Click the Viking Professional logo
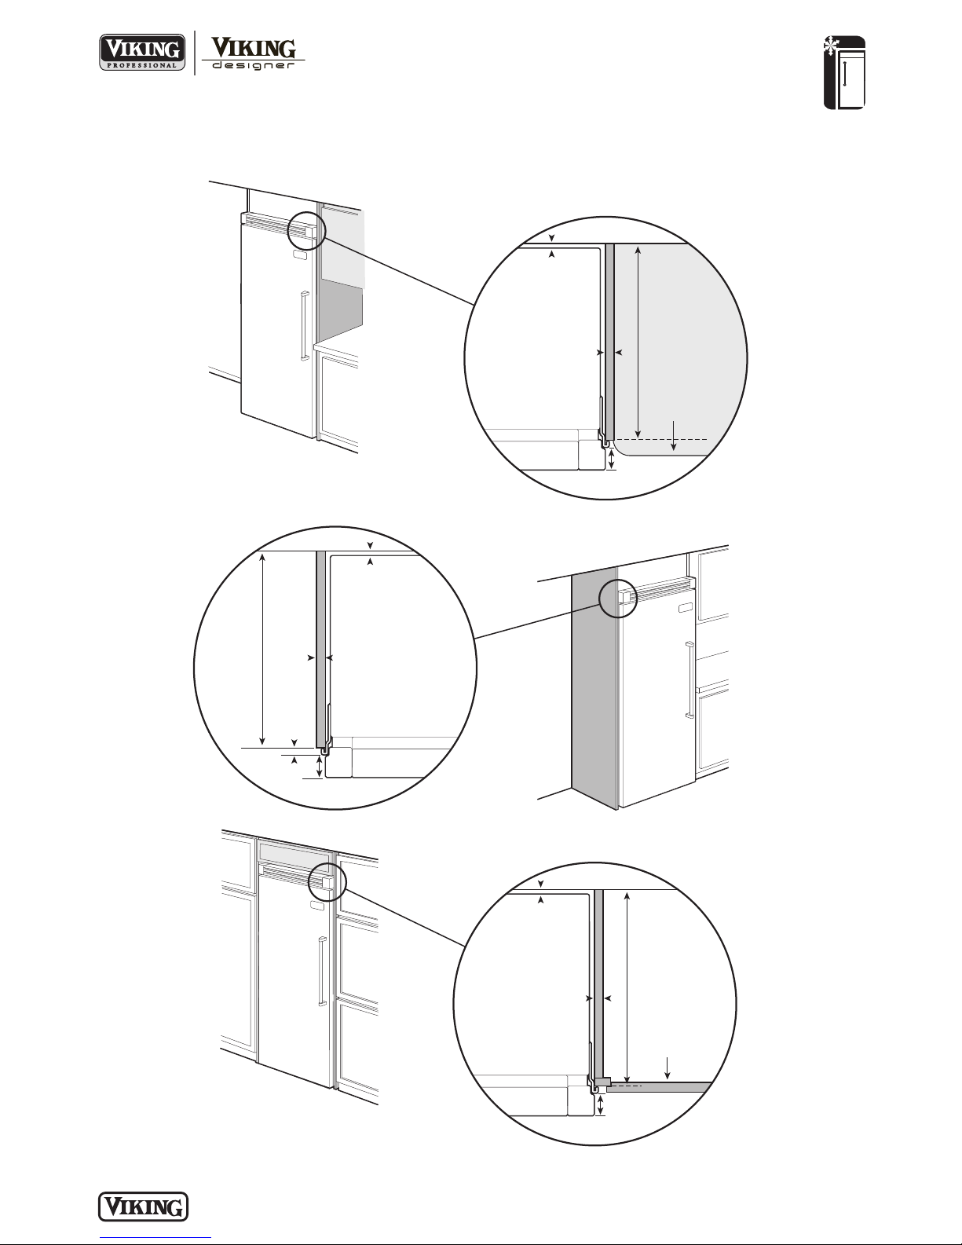tap(143, 52)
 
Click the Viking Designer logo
tap(253, 53)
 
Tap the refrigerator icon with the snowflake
tap(844, 72)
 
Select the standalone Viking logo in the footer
tap(143, 1207)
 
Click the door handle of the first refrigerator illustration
tap(304, 326)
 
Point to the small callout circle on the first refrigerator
tap(307, 230)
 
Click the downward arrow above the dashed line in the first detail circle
tap(674, 435)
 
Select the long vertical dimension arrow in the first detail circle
tap(638, 342)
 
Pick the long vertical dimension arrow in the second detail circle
tap(262, 649)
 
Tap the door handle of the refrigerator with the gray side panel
tap(689, 679)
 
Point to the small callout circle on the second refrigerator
tap(618, 599)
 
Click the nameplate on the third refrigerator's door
tap(316, 905)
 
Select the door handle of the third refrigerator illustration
tap(323, 971)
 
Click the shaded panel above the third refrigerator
tap(294, 852)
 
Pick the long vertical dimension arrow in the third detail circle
tap(627, 986)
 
